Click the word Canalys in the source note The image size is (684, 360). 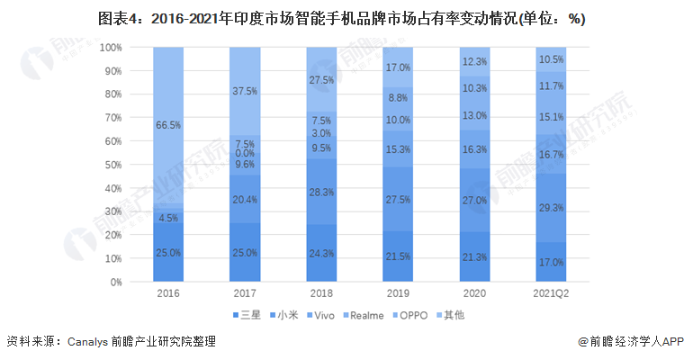coord(89,342)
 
